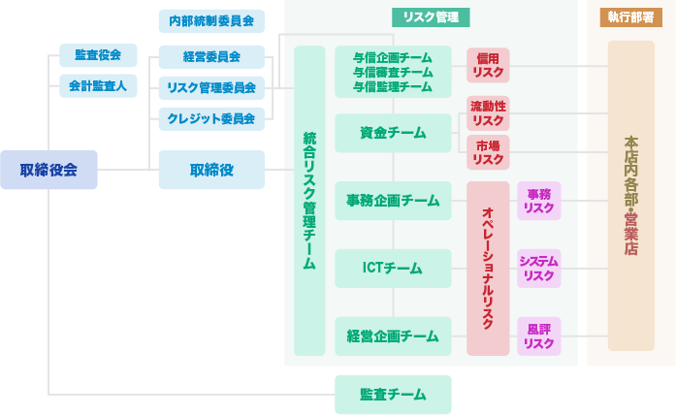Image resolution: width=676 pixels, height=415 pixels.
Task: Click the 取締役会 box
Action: (48, 170)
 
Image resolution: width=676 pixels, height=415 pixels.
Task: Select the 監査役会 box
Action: (97, 55)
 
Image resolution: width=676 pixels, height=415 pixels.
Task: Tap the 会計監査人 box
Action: (97, 86)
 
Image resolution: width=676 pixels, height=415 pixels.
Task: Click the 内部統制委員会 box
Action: (211, 20)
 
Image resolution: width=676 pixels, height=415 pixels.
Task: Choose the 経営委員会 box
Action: (211, 56)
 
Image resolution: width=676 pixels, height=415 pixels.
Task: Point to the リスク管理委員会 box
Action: (211, 87)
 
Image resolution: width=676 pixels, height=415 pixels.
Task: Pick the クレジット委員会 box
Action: (211, 119)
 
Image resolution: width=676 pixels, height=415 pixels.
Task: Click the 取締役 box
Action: (211, 170)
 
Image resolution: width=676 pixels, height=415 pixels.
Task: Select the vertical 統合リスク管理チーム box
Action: (309, 201)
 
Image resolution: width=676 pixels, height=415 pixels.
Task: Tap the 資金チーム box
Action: (393, 133)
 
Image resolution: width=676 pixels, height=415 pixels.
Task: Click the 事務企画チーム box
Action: (393, 201)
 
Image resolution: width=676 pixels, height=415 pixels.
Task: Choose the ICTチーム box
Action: (393, 269)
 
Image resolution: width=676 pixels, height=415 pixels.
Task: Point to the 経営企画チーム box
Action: (393, 336)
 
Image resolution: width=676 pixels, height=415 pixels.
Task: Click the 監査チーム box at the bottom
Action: (393, 395)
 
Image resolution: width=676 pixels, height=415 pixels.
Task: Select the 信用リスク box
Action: (488, 66)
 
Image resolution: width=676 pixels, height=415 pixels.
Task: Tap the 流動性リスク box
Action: (488, 112)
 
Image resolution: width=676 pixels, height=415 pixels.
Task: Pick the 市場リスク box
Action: (488, 152)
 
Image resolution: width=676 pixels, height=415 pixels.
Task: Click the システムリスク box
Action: (538, 269)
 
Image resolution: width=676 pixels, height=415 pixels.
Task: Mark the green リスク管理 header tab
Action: (431, 17)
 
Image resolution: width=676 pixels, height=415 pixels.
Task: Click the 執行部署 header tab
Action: (630, 17)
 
